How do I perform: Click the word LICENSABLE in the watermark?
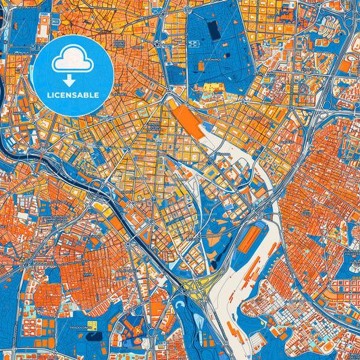pos(72,94)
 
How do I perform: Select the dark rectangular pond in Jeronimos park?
pos(214,30)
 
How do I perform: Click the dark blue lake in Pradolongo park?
pos(93,336)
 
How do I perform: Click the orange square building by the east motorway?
pos(344,67)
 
